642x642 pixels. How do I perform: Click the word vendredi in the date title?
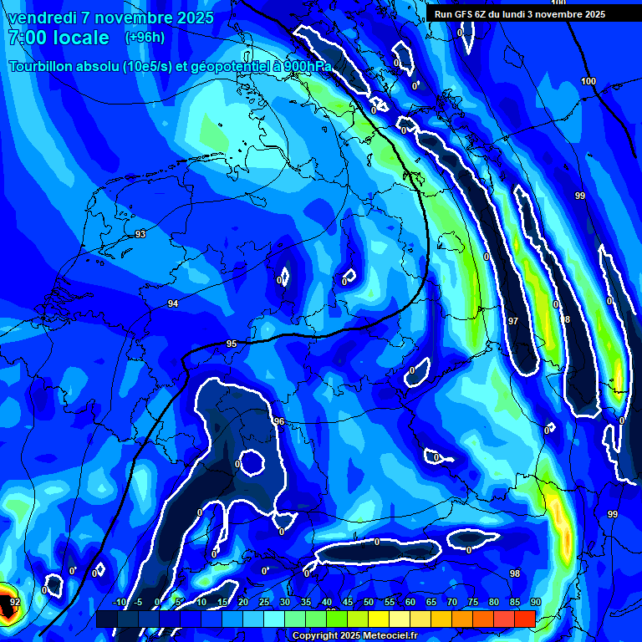click(x=41, y=18)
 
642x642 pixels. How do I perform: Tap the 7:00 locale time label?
click(x=59, y=38)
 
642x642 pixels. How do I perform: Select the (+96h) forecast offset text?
click(x=145, y=38)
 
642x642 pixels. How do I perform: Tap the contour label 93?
click(x=140, y=234)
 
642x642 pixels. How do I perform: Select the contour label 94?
click(x=172, y=303)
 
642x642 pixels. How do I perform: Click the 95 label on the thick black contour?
click(x=232, y=344)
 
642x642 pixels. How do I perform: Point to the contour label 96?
click(x=279, y=421)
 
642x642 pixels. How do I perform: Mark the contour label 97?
click(x=513, y=321)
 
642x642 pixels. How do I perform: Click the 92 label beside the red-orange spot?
click(x=14, y=601)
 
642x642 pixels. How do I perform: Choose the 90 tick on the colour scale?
click(x=535, y=602)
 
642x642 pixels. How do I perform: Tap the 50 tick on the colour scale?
click(x=368, y=602)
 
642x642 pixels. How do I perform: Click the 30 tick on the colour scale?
click(x=284, y=602)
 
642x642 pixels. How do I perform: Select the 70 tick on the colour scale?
click(x=451, y=602)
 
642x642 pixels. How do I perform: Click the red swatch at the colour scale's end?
click(x=524, y=619)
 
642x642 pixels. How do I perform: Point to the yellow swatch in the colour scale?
click(x=378, y=619)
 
